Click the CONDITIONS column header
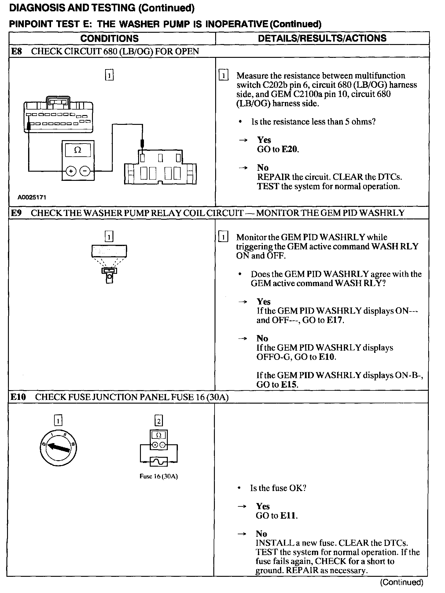[x=109, y=39]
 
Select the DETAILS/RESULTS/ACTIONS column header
[x=322, y=38]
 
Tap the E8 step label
[x=16, y=51]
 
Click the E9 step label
[x=16, y=213]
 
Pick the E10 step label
[x=18, y=397]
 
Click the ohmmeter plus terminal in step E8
[x=71, y=171]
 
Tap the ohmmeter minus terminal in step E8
[x=85, y=171]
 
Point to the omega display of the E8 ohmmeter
[x=78, y=150]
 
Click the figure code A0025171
[x=32, y=197]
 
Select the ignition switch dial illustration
[x=58, y=449]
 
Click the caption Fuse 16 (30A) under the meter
[x=159, y=476]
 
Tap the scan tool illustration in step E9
[x=109, y=263]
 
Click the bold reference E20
[x=290, y=149]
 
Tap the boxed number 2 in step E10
[x=159, y=421]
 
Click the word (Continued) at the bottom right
[x=401, y=582]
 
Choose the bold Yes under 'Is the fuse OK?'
[x=263, y=506]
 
